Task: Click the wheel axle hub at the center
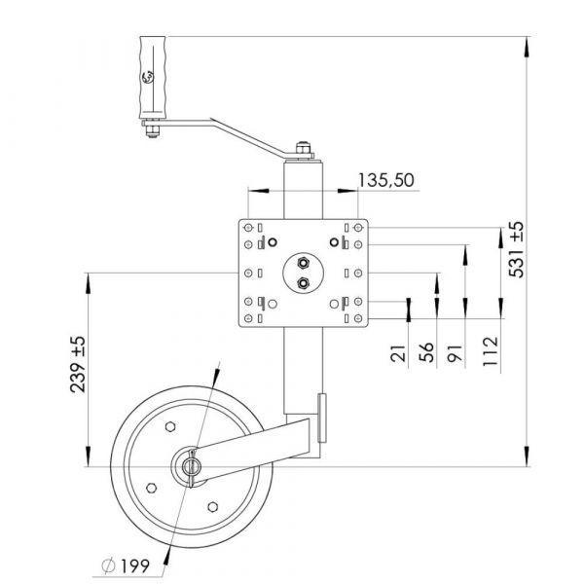click(x=190, y=465)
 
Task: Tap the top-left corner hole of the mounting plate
click(x=250, y=228)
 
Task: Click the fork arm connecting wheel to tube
click(x=258, y=445)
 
